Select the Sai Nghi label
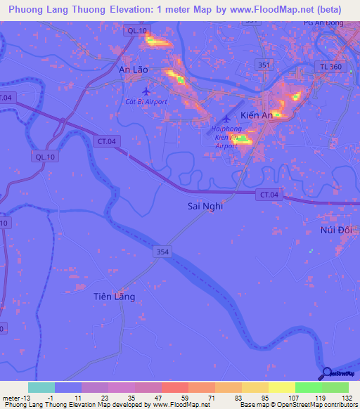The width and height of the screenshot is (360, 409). (205, 207)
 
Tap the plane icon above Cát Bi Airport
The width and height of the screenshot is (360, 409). (146, 91)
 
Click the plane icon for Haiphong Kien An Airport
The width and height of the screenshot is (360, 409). (226, 118)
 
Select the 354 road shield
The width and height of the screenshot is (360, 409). (162, 251)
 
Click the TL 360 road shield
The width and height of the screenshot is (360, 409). (339, 65)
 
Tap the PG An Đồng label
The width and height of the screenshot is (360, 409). (323, 23)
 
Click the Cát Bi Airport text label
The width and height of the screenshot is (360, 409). (146, 102)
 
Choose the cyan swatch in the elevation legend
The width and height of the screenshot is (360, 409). (41, 387)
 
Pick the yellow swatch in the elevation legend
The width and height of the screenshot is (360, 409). (282, 387)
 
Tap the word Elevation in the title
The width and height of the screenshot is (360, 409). (131, 9)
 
